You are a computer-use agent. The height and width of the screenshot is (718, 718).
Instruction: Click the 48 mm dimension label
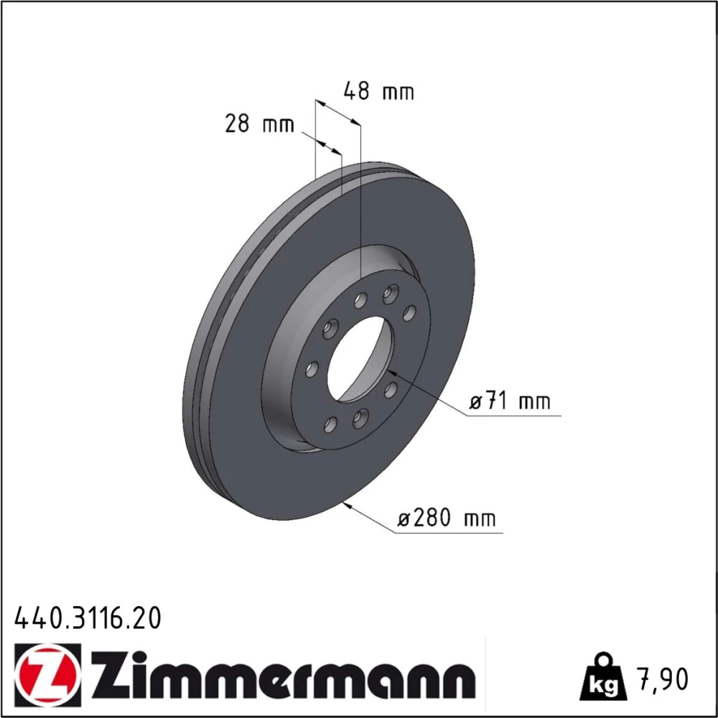(x=378, y=91)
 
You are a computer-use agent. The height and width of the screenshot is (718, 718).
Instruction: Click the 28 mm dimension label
(x=259, y=123)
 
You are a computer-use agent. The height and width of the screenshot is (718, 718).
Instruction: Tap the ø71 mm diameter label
(x=510, y=401)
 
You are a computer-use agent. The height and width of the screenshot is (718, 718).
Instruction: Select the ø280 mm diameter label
(x=446, y=518)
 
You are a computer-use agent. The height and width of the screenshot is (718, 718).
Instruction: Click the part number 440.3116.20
(x=88, y=617)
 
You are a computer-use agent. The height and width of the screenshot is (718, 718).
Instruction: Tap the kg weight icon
(x=602, y=677)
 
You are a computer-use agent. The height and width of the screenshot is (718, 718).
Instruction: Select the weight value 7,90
(x=662, y=679)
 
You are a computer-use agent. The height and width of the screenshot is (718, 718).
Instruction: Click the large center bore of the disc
(x=360, y=359)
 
